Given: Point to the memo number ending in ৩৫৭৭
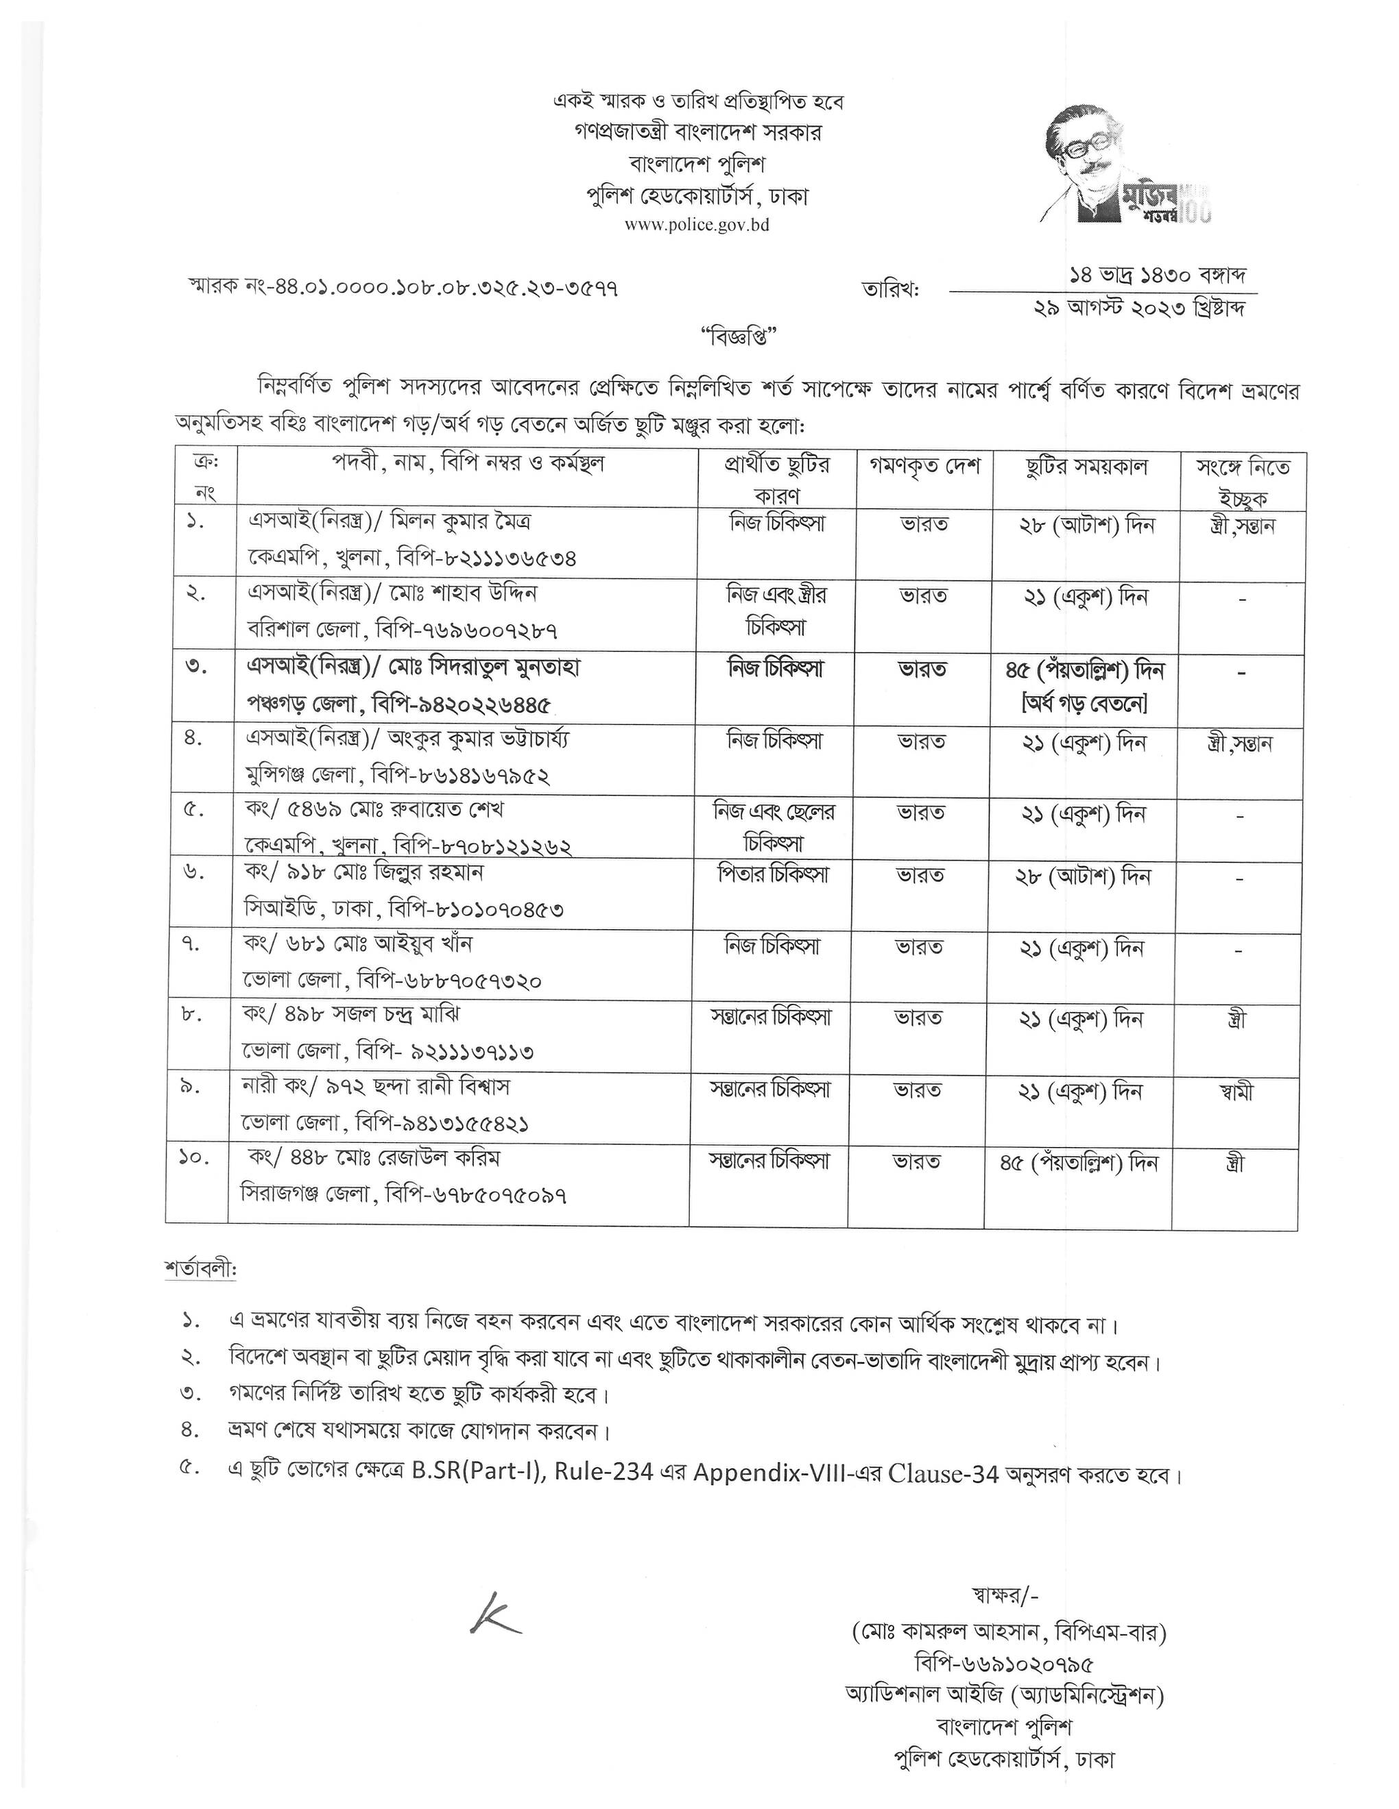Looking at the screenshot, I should (404, 287).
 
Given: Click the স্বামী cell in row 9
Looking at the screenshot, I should (1236, 1091).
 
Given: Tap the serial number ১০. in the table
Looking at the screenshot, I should (193, 1158).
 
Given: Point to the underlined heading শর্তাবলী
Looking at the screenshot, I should (200, 1269).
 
